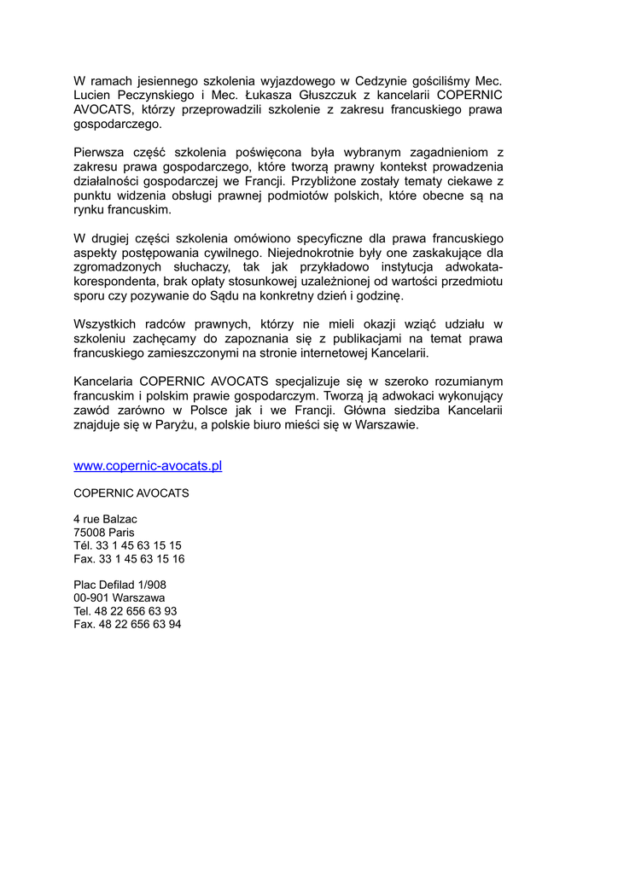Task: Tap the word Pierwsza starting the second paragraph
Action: click(101, 153)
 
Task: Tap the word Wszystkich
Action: click(106, 323)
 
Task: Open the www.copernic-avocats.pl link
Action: click(148, 466)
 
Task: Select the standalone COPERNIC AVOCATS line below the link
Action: click(131, 493)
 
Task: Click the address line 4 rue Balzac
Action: click(105, 519)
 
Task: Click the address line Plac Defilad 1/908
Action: click(120, 585)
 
